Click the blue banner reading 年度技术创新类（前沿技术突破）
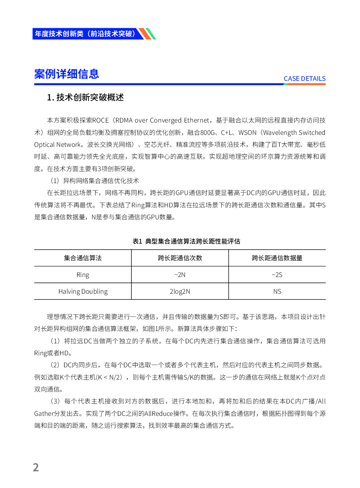click(85, 34)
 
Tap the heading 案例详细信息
click(66, 74)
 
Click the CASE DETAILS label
click(304, 79)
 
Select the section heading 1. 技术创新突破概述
click(85, 98)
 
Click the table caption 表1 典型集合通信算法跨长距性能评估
click(186, 241)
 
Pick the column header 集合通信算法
click(83, 258)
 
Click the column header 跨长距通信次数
click(180, 258)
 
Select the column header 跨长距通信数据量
click(277, 258)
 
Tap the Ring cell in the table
click(83, 275)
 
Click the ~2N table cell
click(180, 275)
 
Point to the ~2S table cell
click(277, 275)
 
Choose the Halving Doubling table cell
click(83, 291)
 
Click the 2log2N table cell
click(180, 291)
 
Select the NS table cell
click(277, 291)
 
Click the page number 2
click(36, 467)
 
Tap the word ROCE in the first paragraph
click(101, 120)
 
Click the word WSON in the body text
click(247, 133)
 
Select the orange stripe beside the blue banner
click(145, 34)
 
